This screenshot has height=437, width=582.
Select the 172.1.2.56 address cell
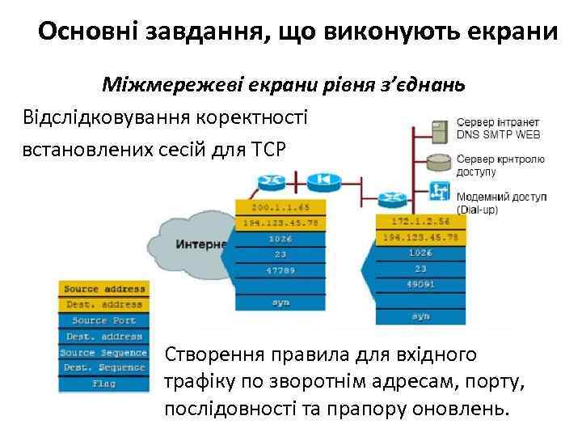click(x=420, y=221)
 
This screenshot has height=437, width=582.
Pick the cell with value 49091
click(x=420, y=285)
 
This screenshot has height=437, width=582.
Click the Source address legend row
click(x=104, y=289)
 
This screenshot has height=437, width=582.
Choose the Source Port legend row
click(x=104, y=320)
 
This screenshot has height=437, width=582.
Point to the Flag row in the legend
click(x=104, y=384)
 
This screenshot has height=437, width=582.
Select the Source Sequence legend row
click(x=104, y=352)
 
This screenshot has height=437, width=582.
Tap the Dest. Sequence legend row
click(x=104, y=367)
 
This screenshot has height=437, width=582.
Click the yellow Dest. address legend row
click(x=104, y=305)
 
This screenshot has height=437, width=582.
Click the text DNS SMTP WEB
click(x=498, y=134)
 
